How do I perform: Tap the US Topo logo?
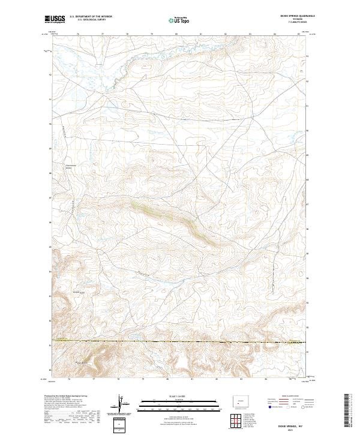[x=179, y=20]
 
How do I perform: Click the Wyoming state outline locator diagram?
[x=238, y=400]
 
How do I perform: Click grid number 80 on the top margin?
[x=176, y=34]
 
